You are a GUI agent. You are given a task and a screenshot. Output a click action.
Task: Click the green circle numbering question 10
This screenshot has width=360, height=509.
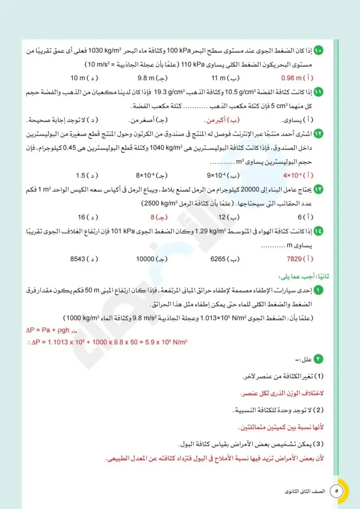point(319,50)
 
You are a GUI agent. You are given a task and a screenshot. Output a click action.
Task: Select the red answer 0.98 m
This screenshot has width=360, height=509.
point(292,78)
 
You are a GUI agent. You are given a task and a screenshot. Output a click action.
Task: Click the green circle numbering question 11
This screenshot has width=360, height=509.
point(319,91)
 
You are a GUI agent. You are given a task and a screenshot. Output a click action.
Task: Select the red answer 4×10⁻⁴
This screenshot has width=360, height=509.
point(294,175)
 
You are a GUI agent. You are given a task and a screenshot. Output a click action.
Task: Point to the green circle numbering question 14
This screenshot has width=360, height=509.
point(319,231)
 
